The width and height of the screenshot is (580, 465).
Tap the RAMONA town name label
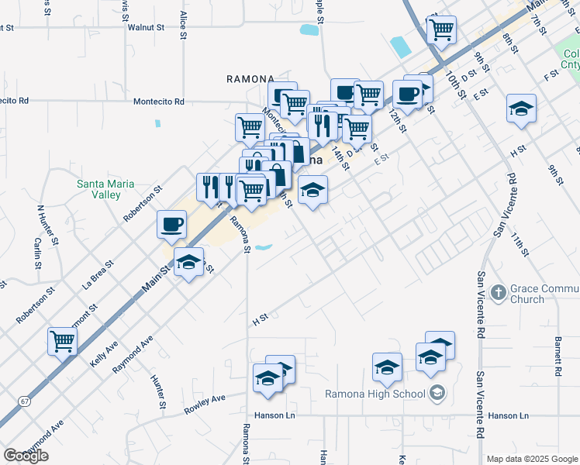click(250, 79)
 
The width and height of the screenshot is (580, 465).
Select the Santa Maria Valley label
click(105, 189)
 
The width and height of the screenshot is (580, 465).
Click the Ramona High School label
click(376, 393)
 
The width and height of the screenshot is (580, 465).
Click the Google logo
click(26, 456)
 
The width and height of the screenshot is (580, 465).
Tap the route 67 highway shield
click(26, 401)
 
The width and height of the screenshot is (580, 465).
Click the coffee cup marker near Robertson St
click(171, 226)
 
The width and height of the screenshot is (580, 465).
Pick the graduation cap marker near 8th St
click(521, 109)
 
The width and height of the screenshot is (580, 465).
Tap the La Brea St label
click(98, 274)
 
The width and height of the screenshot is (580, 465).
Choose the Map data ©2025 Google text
click(533, 459)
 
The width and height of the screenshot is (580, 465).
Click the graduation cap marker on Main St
click(188, 263)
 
